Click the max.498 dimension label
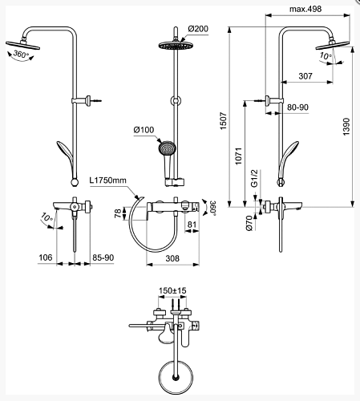click(x=305, y=9)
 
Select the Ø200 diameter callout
click(x=198, y=29)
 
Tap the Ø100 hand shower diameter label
click(x=144, y=130)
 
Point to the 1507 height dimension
click(x=223, y=121)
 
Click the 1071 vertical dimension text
click(x=238, y=156)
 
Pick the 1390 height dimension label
click(x=346, y=127)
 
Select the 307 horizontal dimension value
click(x=305, y=76)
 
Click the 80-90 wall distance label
click(x=297, y=107)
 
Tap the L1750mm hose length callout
click(x=107, y=180)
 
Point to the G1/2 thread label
click(x=254, y=178)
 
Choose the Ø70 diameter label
click(x=249, y=223)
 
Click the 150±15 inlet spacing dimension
click(x=172, y=290)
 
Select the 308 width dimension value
click(x=172, y=258)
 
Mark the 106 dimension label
click(x=46, y=257)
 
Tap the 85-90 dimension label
click(x=103, y=257)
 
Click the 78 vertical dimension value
click(x=118, y=213)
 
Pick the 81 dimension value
click(x=192, y=225)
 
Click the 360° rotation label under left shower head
click(x=21, y=55)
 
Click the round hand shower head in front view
click(x=167, y=148)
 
